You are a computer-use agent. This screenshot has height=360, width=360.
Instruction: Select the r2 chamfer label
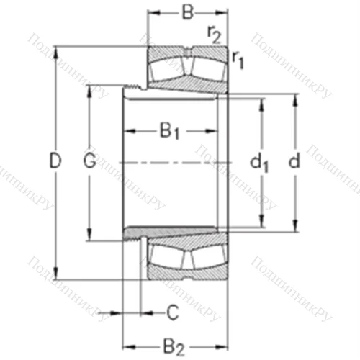coord(213,32)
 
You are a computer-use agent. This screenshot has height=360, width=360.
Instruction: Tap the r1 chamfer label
coord(238,62)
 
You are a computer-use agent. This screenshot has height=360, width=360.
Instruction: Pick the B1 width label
coord(170,131)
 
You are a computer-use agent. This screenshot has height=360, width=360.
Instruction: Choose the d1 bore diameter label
coord(259,163)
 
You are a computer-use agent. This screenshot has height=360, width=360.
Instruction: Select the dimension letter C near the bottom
coord(172,312)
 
